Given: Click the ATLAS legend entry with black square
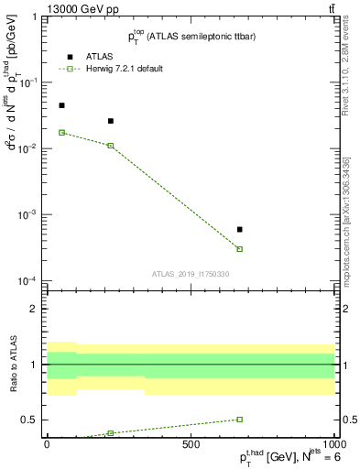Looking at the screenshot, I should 99,56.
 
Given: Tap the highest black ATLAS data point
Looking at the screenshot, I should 61,105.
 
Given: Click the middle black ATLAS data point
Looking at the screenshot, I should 111,121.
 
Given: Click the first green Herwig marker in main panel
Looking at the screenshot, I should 61,133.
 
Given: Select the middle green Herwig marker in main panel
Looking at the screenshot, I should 111,146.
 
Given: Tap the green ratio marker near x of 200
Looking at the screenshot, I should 111,433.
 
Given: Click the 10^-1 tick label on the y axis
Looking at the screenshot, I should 29,82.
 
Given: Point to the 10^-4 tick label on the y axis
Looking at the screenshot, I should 29,280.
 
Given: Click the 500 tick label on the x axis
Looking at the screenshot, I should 190,445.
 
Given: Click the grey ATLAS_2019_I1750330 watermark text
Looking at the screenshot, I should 191,274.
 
